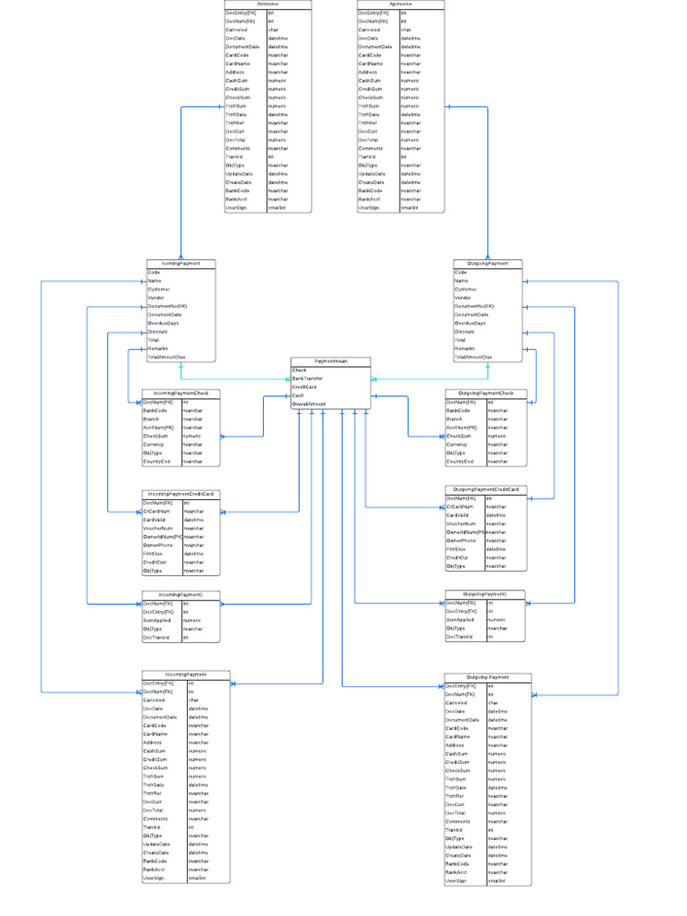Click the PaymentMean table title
pyautogui.click(x=330, y=361)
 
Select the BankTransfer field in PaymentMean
pyautogui.click(x=308, y=378)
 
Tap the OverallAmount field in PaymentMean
pyautogui.click(x=309, y=404)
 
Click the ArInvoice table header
pyautogui.click(x=267, y=4)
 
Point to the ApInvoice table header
pyautogui.click(x=400, y=4)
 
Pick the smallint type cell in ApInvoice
pyautogui.click(x=410, y=208)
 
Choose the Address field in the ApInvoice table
pyautogui.click(x=369, y=72)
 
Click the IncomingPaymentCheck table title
pyautogui.click(x=180, y=394)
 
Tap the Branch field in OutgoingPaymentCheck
pyautogui.click(x=455, y=420)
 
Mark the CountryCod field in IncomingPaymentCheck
pyautogui.click(x=157, y=462)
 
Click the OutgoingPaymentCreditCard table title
pyautogui.click(x=487, y=489)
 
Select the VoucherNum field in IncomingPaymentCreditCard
pyautogui.click(x=157, y=529)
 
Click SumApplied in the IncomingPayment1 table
pyautogui.click(x=157, y=620)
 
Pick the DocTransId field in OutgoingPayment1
pyautogui.click(x=459, y=637)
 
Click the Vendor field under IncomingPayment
pyautogui.click(x=155, y=298)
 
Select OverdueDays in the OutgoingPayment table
pyautogui.click(x=471, y=323)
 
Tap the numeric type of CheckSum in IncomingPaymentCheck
pyautogui.click(x=191, y=437)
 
